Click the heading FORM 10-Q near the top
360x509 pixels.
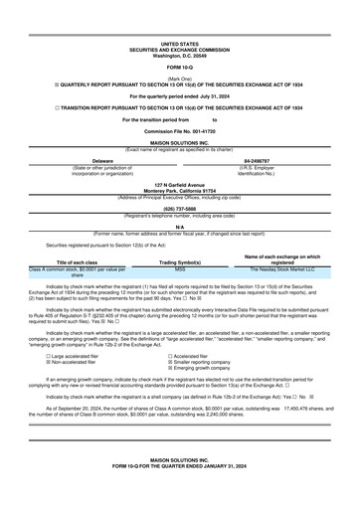180,67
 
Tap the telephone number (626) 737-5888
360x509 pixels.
180,210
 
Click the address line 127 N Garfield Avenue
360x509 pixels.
180,185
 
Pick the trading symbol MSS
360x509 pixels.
180,268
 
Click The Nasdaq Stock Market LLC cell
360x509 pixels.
281,268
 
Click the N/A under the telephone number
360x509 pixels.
180,227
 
